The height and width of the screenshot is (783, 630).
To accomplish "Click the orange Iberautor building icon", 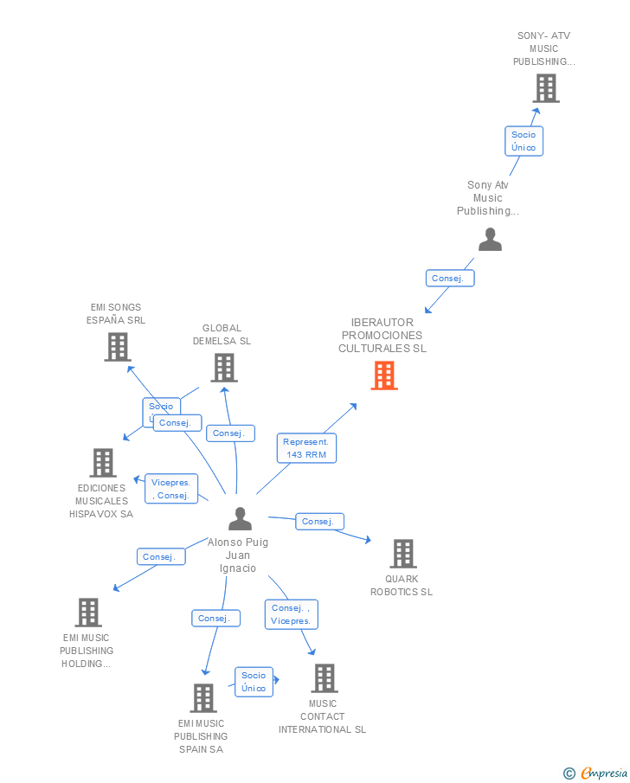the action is [x=384, y=375].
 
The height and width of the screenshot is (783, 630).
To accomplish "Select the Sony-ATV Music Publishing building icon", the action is [x=545, y=88].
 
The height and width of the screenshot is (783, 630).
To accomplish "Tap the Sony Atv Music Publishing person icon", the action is [x=490, y=240].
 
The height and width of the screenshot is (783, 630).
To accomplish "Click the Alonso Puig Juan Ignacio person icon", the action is [x=240, y=519].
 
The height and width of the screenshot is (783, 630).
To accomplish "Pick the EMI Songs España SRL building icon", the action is [x=117, y=347].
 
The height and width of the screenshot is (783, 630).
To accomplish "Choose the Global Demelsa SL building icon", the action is [x=223, y=368].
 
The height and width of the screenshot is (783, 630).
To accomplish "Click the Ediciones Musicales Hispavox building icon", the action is [x=103, y=463].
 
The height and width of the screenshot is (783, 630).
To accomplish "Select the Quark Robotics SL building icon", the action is [x=402, y=554].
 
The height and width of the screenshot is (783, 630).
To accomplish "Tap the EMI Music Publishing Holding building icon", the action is [x=87, y=613].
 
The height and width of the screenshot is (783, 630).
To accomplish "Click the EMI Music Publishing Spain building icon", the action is [x=202, y=697].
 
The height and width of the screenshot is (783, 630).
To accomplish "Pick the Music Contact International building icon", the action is [x=324, y=678].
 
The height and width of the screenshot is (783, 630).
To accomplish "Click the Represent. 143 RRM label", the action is [x=306, y=448].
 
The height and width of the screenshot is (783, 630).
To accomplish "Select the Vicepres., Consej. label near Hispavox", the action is [x=172, y=489].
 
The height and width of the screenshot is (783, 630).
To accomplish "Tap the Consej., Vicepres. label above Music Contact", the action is [x=291, y=614].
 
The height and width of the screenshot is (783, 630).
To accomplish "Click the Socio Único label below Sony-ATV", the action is [x=524, y=141].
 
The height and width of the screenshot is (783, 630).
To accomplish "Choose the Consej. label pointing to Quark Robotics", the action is [x=319, y=522].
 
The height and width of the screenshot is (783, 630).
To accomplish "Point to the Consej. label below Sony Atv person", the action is [x=450, y=279].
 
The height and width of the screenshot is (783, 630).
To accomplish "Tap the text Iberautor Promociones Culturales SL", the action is [x=382, y=336].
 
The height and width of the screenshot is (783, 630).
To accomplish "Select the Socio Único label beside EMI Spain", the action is [x=254, y=682].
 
